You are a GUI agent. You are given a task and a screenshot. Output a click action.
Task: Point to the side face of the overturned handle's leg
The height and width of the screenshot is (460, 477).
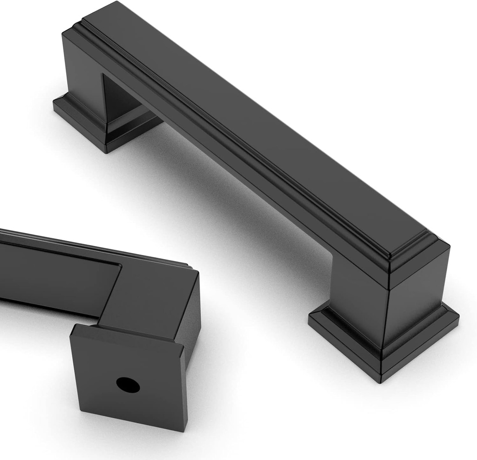[189, 321]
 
